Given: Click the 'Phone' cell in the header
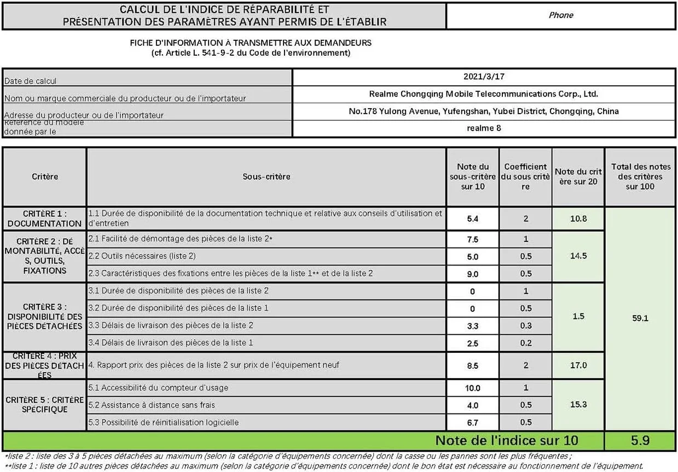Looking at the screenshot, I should (x=561, y=15).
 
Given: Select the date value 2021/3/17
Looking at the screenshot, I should (x=483, y=77).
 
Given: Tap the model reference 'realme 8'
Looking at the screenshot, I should (x=483, y=128).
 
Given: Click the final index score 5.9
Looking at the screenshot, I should (x=640, y=440).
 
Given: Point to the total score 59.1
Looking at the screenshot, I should (x=640, y=317).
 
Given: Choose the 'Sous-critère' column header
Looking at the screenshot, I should (x=266, y=176).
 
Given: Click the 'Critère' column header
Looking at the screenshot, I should (x=45, y=176).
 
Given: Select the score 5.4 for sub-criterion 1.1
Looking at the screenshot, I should (x=473, y=219).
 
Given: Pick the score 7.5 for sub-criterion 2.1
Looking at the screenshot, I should (x=473, y=239).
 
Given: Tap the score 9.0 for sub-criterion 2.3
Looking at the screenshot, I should (x=473, y=274).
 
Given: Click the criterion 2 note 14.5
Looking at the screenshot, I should (x=578, y=256).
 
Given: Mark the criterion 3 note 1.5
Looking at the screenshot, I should (x=578, y=316).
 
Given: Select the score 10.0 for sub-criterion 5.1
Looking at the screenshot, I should (x=473, y=388).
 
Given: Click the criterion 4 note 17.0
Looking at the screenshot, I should (x=578, y=365).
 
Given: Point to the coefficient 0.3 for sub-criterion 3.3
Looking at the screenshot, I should (x=525, y=326).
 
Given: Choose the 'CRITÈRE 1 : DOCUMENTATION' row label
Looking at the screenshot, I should (x=45, y=219).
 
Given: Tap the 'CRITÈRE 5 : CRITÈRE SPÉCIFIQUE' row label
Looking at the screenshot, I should (x=45, y=405).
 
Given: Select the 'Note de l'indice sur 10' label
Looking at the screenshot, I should (x=506, y=440).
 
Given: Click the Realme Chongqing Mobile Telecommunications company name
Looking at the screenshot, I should (x=483, y=94).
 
